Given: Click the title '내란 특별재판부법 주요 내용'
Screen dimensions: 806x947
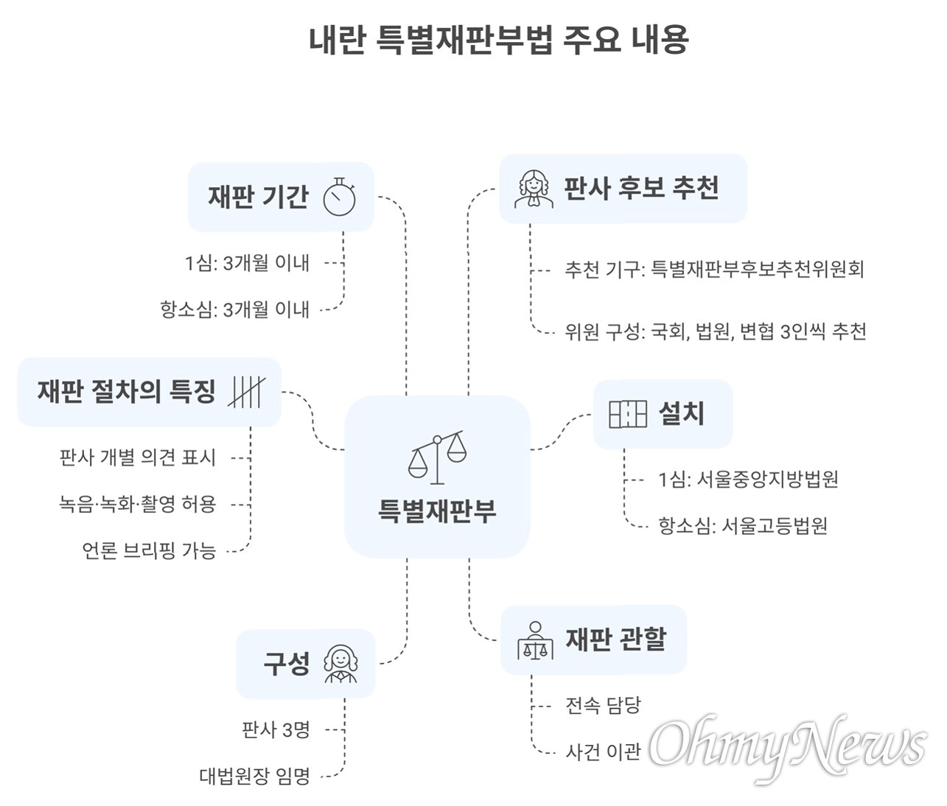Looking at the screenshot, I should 498,40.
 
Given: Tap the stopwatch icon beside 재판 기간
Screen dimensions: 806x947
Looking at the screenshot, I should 339,197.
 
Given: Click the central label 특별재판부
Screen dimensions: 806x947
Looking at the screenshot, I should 437,511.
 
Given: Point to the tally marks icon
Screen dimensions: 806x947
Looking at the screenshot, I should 246,392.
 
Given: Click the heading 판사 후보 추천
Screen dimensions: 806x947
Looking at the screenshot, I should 641,189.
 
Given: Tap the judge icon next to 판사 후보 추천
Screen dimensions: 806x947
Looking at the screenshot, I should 534,189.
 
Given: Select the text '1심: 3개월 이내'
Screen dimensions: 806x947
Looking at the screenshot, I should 247,263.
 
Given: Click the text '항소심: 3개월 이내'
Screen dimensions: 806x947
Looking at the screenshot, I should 234,309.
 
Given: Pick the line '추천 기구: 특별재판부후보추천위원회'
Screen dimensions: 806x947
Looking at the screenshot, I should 714,270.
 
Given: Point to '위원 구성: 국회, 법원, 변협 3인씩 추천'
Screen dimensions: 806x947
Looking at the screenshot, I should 716,332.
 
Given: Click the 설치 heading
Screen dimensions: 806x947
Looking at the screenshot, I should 681,414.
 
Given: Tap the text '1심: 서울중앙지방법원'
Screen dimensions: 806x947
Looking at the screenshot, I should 748,480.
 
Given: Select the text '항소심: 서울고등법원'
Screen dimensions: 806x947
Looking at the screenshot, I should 743,526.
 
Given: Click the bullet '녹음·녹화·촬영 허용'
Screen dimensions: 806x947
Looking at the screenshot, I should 138,504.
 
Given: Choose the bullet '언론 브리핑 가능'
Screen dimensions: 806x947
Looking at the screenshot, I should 150,550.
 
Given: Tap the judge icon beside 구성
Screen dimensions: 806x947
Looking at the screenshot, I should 340,665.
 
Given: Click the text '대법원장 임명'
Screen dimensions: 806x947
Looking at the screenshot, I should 255,776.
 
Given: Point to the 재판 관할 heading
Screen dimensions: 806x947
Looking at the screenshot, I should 615,639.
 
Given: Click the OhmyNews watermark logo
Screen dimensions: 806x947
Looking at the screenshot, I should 786,744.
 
